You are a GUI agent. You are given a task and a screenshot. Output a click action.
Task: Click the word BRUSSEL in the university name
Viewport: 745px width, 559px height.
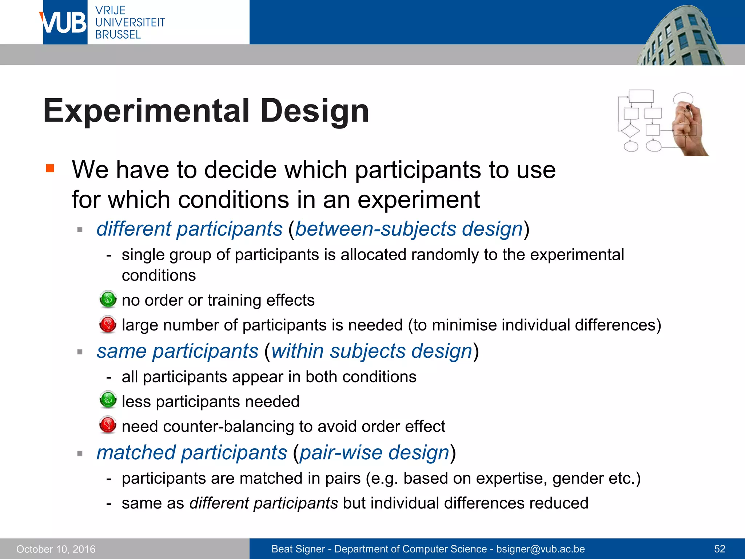118,35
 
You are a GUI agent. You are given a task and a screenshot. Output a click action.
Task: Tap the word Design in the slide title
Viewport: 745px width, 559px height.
315,111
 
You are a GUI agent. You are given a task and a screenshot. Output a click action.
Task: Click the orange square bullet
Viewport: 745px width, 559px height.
50,168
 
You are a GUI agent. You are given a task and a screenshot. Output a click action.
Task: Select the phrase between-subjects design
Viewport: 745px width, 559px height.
409,229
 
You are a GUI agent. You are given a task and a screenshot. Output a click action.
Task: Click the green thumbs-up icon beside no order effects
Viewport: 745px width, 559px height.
108,300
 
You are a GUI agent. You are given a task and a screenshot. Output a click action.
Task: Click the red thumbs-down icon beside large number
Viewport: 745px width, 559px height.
108,324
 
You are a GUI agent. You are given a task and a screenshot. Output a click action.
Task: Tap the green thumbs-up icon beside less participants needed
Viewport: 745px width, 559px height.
108,400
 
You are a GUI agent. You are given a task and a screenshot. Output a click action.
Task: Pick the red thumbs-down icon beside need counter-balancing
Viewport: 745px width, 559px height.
108,425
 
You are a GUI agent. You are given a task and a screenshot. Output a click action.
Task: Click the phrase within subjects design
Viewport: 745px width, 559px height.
371,351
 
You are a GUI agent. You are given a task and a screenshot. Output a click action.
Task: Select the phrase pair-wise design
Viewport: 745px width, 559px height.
374,453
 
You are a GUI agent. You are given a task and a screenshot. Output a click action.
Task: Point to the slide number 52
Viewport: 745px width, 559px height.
720,549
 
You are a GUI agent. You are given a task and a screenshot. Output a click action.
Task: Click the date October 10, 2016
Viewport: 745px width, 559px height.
56,549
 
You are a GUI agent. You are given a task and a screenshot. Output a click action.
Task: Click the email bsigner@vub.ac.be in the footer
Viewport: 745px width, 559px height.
540,549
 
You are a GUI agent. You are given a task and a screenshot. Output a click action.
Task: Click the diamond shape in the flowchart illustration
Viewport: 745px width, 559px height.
630,131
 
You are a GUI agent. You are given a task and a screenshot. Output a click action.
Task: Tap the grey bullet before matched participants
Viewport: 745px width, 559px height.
80,453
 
